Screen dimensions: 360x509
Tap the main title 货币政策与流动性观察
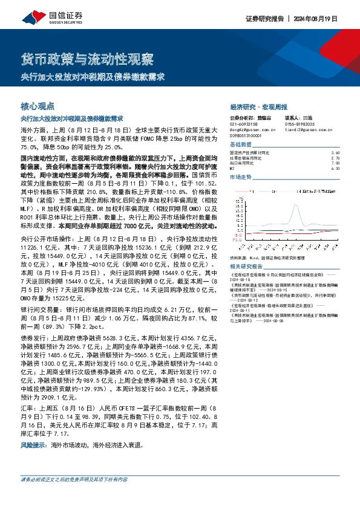click(87, 59)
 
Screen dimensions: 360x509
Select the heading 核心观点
click(38, 105)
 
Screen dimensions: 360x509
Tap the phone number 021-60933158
click(244, 124)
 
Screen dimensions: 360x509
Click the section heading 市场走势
click(241, 178)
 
